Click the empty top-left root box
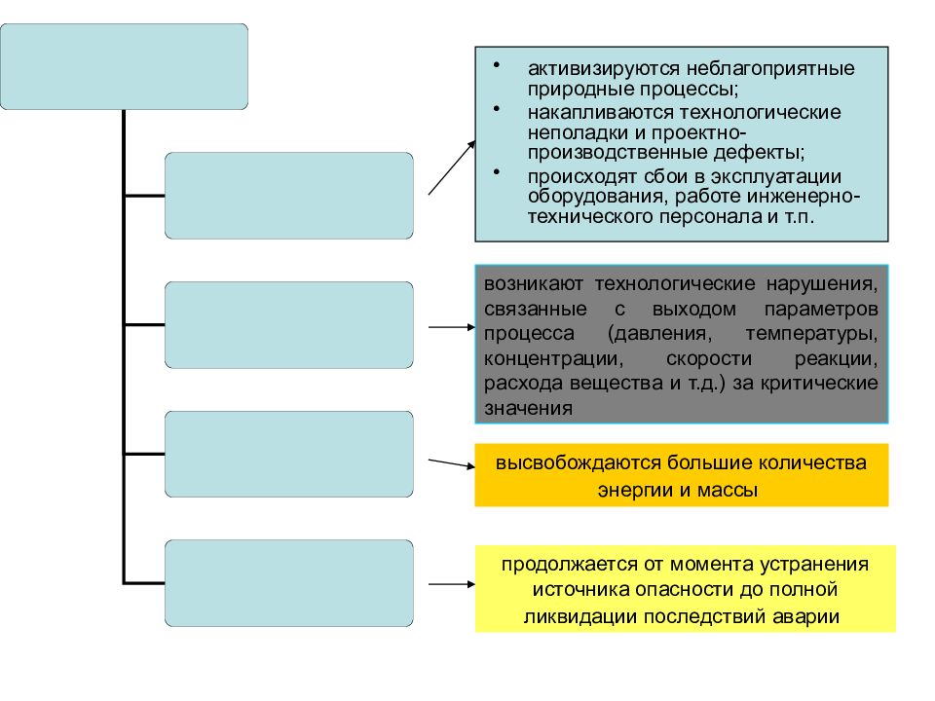(x=124, y=67)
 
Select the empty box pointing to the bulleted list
(x=289, y=196)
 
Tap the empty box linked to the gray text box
(x=289, y=325)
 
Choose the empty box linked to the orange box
(x=289, y=455)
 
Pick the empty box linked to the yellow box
(x=289, y=583)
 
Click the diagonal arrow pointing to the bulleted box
(x=452, y=167)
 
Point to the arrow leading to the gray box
(x=452, y=327)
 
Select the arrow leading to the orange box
(x=452, y=463)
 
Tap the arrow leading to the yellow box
(x=452, y=584)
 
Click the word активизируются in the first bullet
(x=604, y=68)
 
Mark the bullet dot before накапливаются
(x=497, y=108)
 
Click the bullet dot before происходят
(x=497, y=172)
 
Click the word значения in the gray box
(x=528, y=408)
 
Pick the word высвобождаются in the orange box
(x=578, y=462)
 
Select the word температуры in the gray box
(x=811, y=334)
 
